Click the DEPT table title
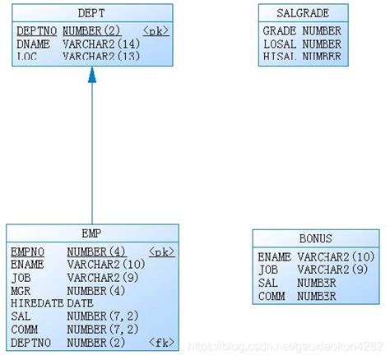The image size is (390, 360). tap(91, 14)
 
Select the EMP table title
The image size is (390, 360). tap(91, 233)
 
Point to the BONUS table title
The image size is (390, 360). tap(315, 239)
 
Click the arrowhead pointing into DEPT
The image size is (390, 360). tap(92, 75)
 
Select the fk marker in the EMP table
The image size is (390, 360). tap(160, 342)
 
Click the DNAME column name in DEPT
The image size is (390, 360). tap(32, 44)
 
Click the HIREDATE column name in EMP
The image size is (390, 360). tap(35, 303)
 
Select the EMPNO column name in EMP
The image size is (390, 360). tap(27, 252)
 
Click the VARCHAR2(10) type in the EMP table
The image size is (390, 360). tap(105, 265)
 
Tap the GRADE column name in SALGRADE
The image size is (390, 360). tap(279, 30)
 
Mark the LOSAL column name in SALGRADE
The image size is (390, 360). tap(279, 44)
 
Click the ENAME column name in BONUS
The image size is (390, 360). tap(274, 257)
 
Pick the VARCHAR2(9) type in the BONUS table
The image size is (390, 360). tap(332, 270)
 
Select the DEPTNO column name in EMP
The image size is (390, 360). tap(30, 342)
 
